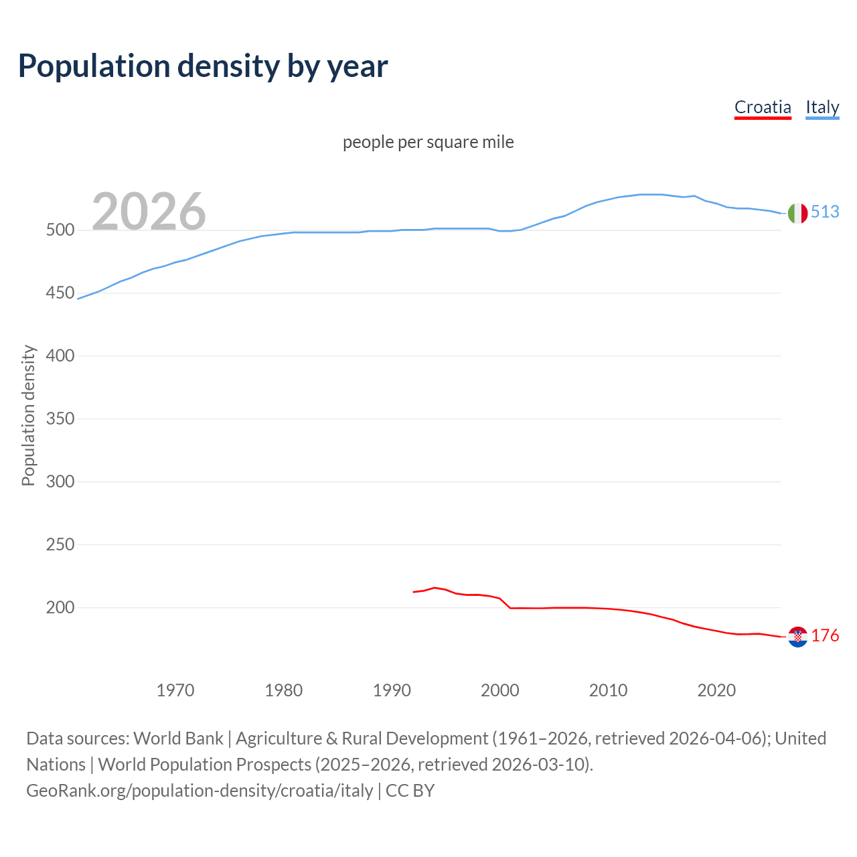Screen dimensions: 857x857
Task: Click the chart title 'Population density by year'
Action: (203, 66)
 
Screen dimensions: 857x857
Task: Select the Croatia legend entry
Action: (763, 107)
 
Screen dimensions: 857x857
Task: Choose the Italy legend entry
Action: (822, 107)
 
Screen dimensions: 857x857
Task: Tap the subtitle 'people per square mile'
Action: (428, 142)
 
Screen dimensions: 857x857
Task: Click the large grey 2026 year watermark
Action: (149, 211)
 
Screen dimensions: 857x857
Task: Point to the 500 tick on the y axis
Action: (60, 230)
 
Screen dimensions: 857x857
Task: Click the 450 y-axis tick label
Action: (60, 293)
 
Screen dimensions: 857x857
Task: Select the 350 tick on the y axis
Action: (60, 419)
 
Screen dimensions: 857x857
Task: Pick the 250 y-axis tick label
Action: (60, 545)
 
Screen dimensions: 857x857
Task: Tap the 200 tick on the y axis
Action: (60, 608)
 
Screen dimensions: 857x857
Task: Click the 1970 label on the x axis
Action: (175, 690)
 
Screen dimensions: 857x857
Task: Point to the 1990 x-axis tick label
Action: (392, 690)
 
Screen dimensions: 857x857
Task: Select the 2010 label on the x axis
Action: (608, 690)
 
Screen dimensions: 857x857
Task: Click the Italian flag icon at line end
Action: (797, 213)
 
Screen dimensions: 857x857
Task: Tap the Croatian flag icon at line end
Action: (797, 637)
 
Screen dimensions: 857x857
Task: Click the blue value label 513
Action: (825, 212)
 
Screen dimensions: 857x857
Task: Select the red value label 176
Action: (825, 635)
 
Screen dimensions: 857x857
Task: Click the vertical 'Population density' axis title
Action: (28, 415)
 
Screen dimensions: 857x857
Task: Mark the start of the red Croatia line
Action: (414, 592)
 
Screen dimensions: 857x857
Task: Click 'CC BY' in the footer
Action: (410, 791)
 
